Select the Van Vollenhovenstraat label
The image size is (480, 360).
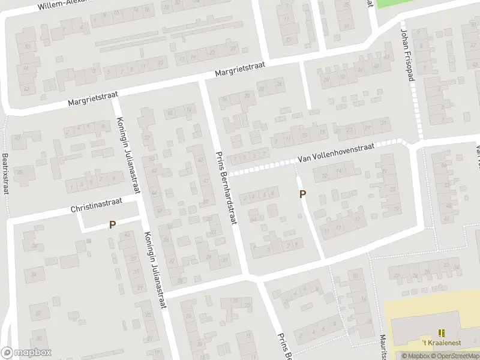[336, 154]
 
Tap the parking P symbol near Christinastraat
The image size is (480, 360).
[112, 224]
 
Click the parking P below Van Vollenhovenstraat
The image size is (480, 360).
[303, 194]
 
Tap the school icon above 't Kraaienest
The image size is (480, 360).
[443, 333]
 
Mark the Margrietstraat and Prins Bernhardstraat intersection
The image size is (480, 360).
[203, 80]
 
